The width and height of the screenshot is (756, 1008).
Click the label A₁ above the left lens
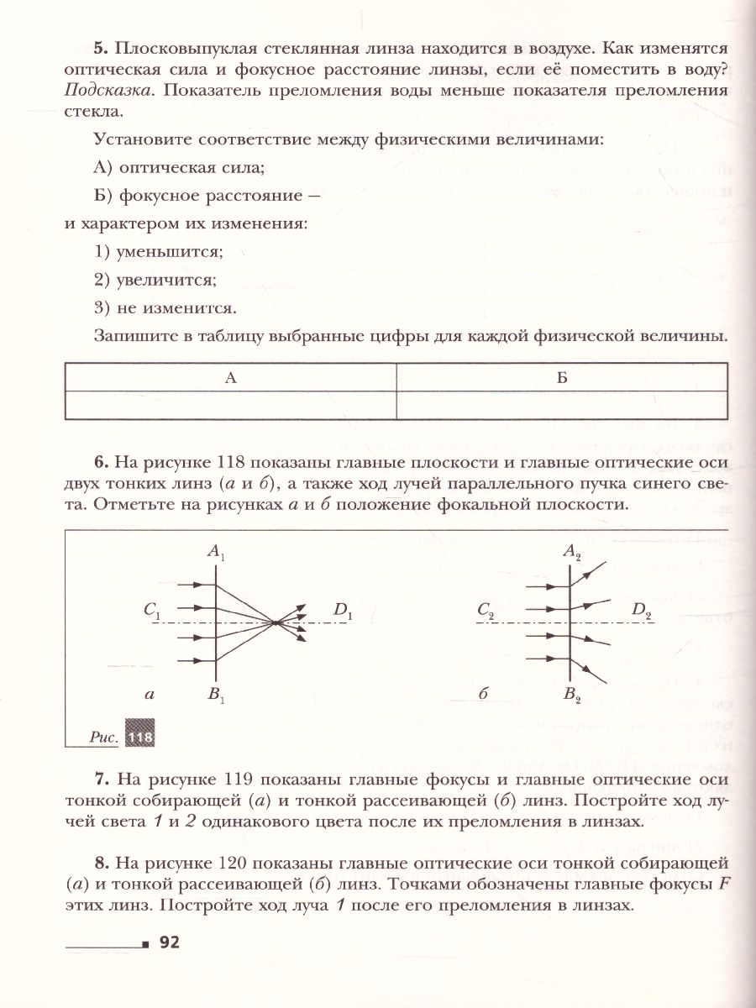(x=217, y=554)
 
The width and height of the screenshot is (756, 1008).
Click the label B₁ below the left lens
(x=218, y=696)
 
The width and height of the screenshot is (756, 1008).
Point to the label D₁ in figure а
(x=342, y=612)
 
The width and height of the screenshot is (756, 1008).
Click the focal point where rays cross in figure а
(x=276, y=622)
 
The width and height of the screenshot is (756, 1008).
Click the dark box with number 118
(x=140, y=737)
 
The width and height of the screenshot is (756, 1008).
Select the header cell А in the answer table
(x=230, y=378)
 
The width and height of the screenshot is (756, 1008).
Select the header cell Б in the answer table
(x=562, y=378)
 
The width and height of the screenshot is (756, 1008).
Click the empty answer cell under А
(x=230, y=405)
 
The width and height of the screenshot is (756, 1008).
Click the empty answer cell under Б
(x=562, y=405)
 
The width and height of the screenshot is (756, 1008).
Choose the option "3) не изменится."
(x=165, y=307)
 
